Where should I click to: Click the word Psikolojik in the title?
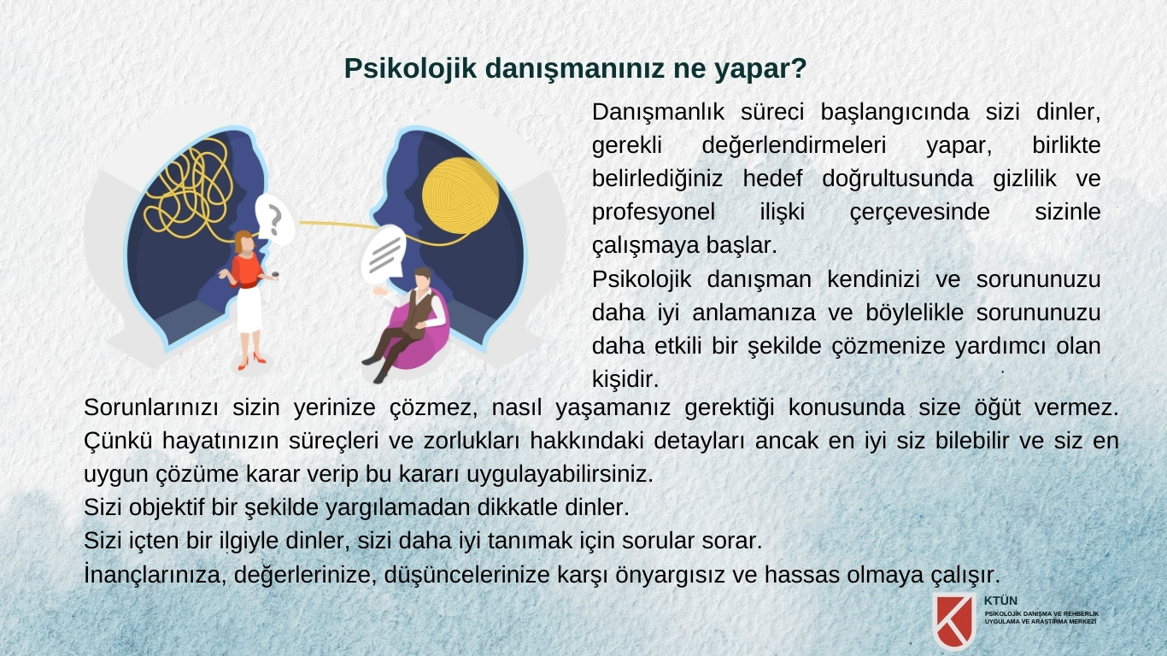click(410, 69)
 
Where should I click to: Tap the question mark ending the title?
click(799, 67)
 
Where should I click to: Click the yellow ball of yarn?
click(460, 196)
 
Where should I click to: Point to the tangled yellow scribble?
click(188, 189)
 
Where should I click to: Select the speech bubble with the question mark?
click(274, 220)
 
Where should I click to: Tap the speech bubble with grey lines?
click(384, 254)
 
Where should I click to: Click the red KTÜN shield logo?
click(954, 620)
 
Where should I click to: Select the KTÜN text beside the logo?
click(1000, 600)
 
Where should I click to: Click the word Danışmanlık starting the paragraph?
click(658, 112)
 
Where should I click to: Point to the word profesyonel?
click(654, 213)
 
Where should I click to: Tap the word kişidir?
click(625, 379)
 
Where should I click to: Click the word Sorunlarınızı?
click(151, 407)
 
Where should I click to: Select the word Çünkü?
click(118, 442)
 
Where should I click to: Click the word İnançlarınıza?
click(155, 575)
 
